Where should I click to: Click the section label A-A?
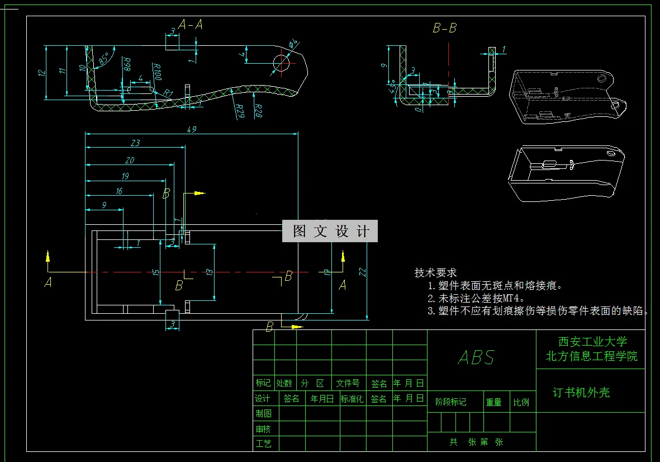click(190, 24)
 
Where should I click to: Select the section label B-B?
click(444, 28)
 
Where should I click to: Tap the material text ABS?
click(476, 357)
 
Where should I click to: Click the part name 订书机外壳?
click(581, 393)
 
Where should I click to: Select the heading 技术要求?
click(435, 272)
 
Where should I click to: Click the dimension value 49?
click(192, 129)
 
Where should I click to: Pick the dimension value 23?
click(135, 143)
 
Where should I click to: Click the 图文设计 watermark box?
click(330, 231)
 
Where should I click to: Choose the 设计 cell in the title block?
click(263, 399)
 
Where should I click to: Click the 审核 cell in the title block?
click(263, 429)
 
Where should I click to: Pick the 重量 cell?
click(493, 402)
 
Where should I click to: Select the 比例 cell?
click(521, 402)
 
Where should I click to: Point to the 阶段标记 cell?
click(450, 402)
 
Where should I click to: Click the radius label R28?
click(258, 110)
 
